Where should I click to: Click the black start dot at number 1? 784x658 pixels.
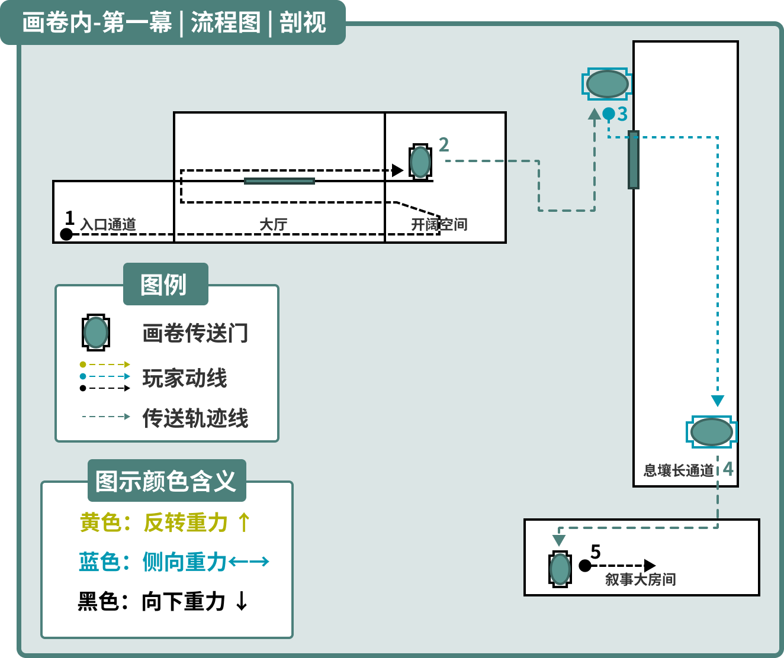[x=66, y=234]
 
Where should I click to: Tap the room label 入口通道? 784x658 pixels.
[x=108, y=224]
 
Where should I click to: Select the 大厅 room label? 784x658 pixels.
[x=274, y=224]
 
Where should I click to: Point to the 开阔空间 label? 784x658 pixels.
[x=439, y=224]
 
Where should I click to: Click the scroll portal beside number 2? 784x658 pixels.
[x=420, y=162]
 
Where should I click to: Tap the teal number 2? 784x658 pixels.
[x=444, y=145]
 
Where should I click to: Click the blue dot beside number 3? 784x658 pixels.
[x=609, y=113]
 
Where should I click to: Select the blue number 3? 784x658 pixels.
[x=622, y=114]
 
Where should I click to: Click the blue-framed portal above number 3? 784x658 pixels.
[x=607, y=84]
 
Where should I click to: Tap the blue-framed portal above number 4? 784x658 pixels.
[x=712, y=432]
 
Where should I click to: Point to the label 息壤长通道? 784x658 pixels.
[x=679, y=470]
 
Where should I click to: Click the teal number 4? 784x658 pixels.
[x=728, y=469]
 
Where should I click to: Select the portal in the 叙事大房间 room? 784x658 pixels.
[x=560, y=569]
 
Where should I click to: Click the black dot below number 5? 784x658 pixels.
[x=584, y=565]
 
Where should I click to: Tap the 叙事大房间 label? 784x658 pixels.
[x=641, y=579]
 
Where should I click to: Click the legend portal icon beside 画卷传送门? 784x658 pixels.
[x=96, y=333]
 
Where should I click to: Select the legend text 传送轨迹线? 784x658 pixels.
[x=195, y=418]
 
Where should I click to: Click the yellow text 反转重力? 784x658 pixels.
[x=185, y=522]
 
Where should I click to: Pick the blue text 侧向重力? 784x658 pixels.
[x=184, y=562]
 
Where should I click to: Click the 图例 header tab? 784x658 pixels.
[x=166, y=284]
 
